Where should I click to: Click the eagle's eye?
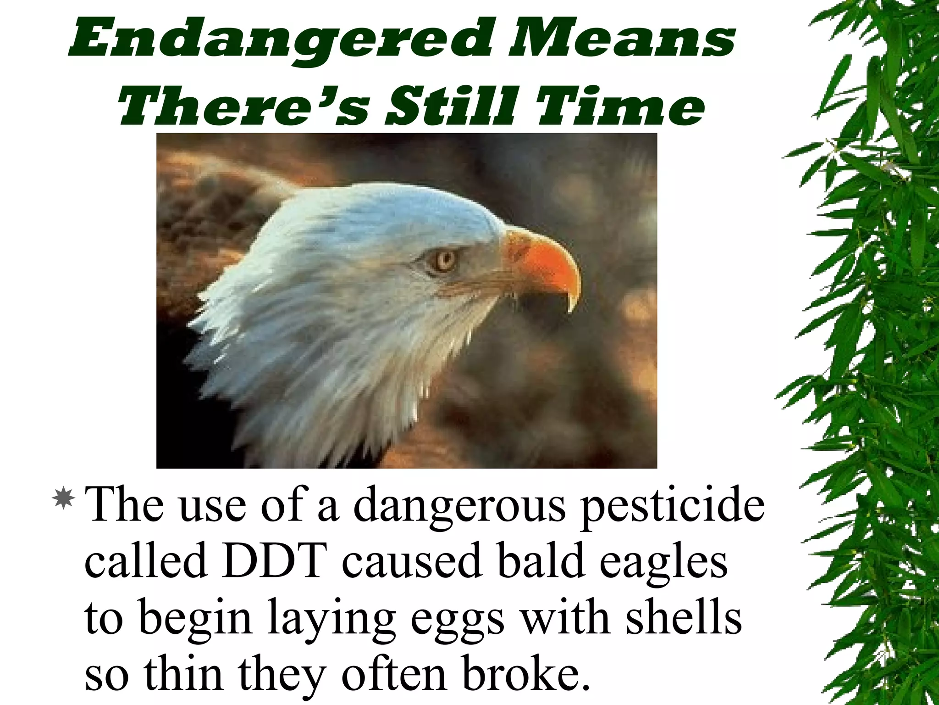tap(443, 260)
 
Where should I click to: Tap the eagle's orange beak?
tap(546, 262)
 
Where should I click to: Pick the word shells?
tap(684, 617)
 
